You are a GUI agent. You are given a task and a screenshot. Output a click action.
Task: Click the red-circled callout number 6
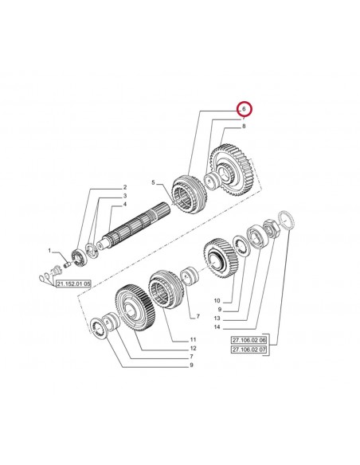tap(244, 109)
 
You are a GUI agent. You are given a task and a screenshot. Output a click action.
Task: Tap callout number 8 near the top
tap(244, 127)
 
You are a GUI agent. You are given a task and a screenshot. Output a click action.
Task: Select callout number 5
tap(153, 182)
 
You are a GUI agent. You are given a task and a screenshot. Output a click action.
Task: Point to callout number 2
tap(125, 187)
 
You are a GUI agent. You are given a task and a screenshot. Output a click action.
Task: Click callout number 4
tap(125, 205)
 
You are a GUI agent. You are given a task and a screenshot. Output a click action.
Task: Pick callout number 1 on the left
tap(50, 251)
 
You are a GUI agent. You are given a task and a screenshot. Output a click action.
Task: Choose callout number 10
tap(217, 301)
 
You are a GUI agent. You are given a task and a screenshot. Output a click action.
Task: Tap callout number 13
tap(217, 318)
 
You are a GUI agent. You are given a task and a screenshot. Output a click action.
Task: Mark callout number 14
tap(217, 327)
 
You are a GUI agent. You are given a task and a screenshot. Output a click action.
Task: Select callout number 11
tap(193, 339)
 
